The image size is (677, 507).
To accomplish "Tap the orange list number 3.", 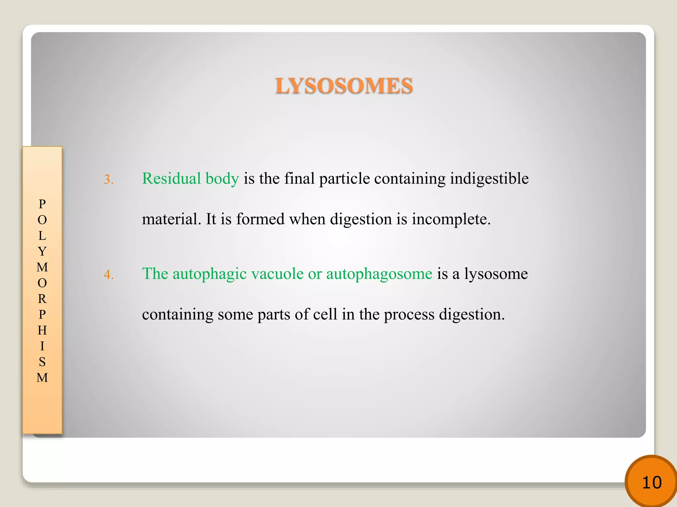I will [x=108, y=180].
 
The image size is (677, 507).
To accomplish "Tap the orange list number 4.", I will [x=108, y=275].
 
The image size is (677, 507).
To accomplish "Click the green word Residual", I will [x=171, y=179].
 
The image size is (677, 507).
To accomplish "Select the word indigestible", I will [x=489, y=179].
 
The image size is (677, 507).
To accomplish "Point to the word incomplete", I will [x=451, y=219].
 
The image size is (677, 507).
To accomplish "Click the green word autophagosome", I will [x=379, y=274].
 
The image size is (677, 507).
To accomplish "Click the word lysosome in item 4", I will [x=496, y=274].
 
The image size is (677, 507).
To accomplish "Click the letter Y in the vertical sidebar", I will [x=42, y=252].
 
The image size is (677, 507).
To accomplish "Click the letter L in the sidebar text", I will [x=42, y=236].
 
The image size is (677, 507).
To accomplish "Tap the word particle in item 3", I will [x=344, y=179].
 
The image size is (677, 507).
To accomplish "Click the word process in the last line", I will [x=409, y=314].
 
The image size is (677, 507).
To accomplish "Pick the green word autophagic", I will [x=209, y=274].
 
